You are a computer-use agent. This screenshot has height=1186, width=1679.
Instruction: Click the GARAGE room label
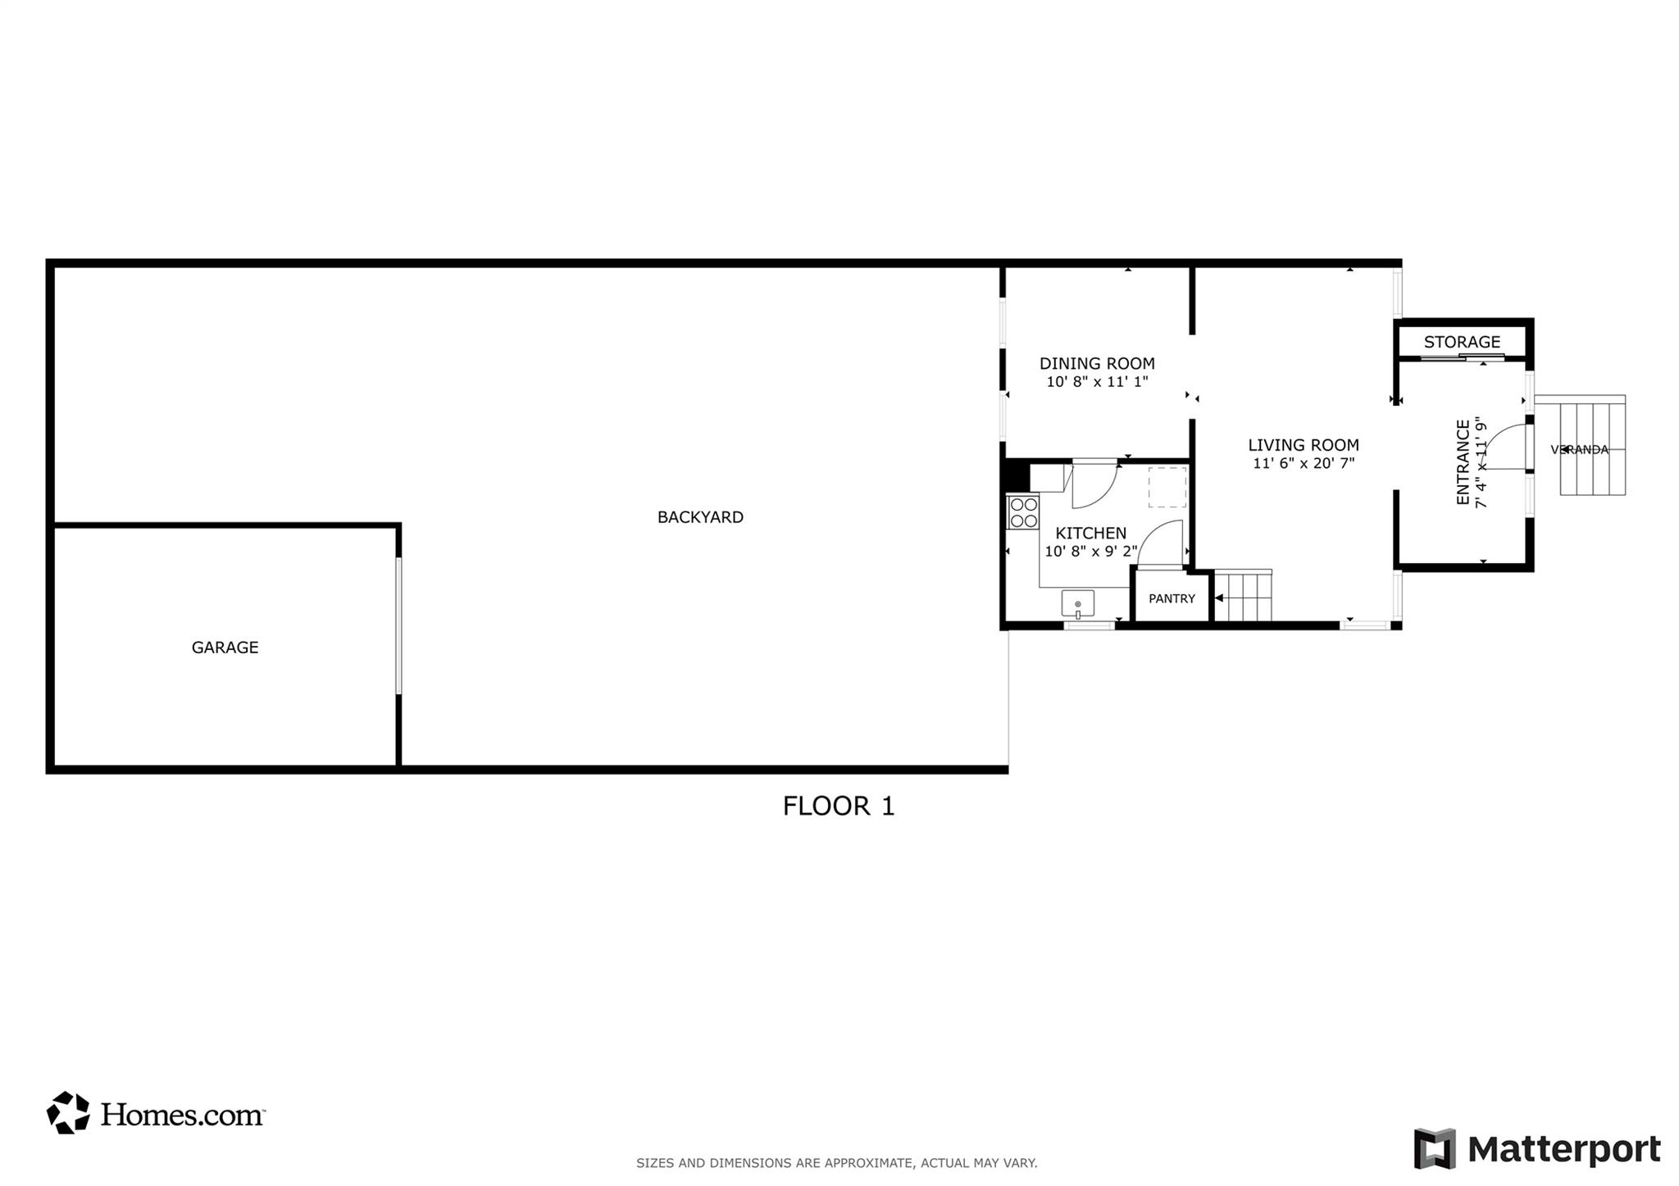[x=225, y=648]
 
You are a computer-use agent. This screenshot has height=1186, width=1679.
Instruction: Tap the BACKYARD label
[x=700, y=517]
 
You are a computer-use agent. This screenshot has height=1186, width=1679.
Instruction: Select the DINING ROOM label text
[x=1097, y=363]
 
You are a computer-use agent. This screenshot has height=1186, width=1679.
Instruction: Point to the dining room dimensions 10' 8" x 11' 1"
[x=1097, y=382]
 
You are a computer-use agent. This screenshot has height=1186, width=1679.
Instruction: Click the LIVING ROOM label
[x=1304, y=445]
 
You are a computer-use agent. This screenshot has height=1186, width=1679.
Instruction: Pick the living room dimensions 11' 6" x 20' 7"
[x=1304, y=464]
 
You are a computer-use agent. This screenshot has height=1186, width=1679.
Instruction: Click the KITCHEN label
[x=1090, y=534]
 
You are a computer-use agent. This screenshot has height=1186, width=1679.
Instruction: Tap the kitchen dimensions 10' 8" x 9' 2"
[x=1090, y=552]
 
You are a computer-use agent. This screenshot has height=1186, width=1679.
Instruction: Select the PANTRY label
[x=1172, y=599]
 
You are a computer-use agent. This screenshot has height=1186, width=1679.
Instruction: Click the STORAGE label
[x=1462, y=342]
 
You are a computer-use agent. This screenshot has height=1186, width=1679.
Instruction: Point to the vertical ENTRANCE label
[x=1463, y=462]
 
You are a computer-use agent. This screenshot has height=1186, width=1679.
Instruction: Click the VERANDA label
[x=1580, y=450]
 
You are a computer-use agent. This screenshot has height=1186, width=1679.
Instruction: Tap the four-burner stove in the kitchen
[x=1023, y=512]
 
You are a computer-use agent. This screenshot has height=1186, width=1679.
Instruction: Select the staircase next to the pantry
[x=1243, y=597]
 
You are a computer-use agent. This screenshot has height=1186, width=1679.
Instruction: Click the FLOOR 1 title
[x=838, y=807]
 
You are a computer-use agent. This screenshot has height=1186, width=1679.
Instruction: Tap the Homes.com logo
[x=156, y=1113]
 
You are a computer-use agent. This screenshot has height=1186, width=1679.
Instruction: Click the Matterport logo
[x=1537, y=1149]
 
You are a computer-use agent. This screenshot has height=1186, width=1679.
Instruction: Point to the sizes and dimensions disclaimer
[x=836, y=1163]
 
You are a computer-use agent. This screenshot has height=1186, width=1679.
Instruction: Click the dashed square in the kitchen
[x=1167, y=488]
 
